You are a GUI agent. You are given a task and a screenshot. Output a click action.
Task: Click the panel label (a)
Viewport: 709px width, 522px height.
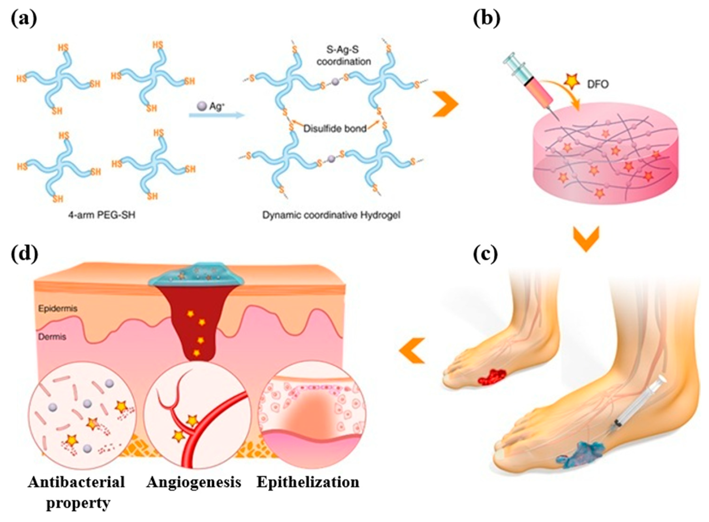click(x=24, y=19)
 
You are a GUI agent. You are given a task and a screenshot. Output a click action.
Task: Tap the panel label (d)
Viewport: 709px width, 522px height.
click(x=25, y=253)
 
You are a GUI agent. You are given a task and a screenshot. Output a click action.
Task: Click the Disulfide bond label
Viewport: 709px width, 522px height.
click(x=335, y=128)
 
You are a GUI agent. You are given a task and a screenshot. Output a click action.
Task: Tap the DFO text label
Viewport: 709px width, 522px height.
click(x=598, y=84)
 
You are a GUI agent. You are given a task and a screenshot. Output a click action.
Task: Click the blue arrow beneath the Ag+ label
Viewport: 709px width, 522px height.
click(x=217, y=116)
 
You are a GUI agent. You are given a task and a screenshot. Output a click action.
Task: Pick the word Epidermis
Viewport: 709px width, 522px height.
click(x=58, y=308)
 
